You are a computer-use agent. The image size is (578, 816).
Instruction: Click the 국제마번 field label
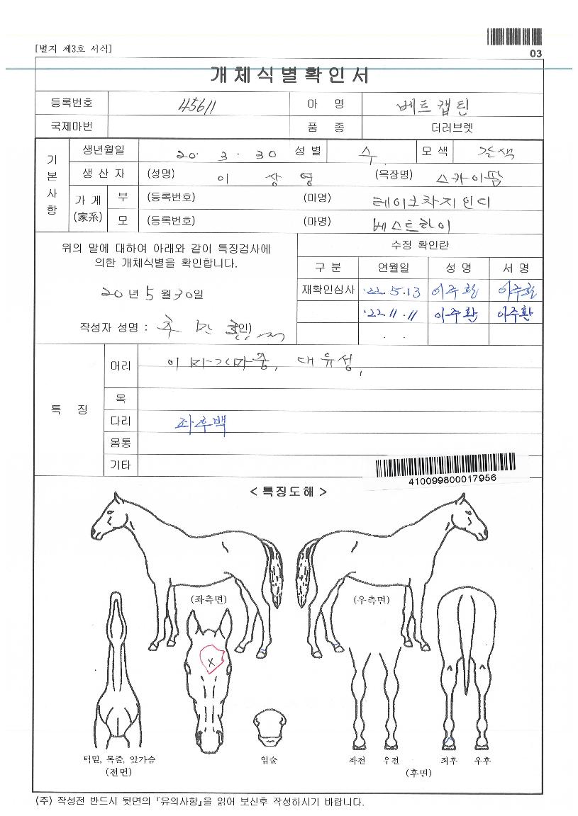71,127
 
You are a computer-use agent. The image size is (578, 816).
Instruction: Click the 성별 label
309,151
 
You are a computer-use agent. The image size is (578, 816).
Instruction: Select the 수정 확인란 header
420,245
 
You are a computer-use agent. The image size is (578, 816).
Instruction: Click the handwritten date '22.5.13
384,290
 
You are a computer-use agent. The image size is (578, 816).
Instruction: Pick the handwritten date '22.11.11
384,312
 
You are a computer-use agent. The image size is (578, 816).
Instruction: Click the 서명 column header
516,268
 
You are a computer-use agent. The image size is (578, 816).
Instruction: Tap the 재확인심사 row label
328,290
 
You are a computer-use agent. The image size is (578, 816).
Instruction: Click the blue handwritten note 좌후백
201,423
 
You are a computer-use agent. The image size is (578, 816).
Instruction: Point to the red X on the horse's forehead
211,661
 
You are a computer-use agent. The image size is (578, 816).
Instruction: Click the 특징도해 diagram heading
289,491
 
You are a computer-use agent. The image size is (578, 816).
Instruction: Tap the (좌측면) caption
209,599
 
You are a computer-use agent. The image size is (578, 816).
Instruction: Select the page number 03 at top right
535,54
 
